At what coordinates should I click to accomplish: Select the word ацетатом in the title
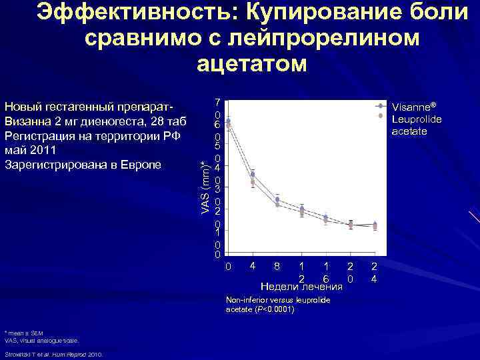pos(252,64)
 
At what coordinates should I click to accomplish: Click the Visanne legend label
pos(414,107)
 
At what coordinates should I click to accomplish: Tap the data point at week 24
pos(375,226)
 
